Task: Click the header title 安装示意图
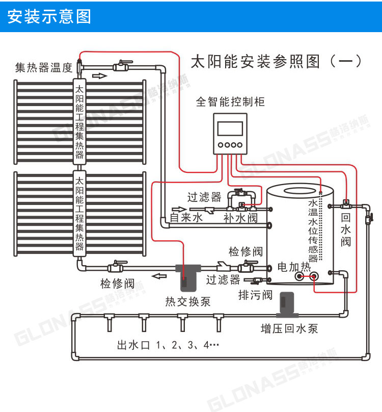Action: coord(49,16)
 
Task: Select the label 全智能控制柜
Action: coord(230,101)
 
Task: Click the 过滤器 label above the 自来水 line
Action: coord(204,197)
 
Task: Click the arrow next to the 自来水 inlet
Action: coord(179,209)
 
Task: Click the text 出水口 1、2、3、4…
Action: coord(168,345)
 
